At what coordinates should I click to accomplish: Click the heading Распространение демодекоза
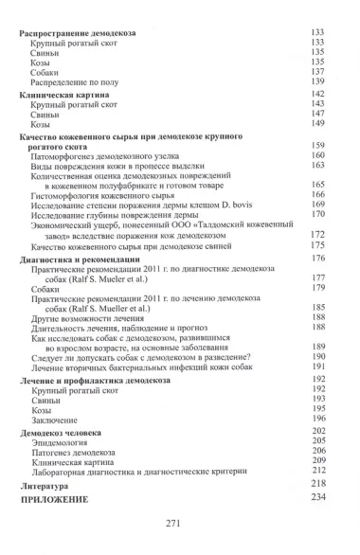[78, 32]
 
